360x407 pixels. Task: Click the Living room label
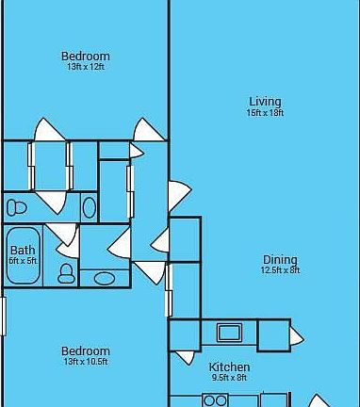tap(265, 102)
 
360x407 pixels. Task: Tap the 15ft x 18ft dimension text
tap(265, 113)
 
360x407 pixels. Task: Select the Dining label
tap(280, 260)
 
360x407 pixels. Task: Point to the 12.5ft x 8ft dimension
tap(280, 270)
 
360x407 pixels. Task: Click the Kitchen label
tap(229, 367)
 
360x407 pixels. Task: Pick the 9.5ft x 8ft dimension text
tap(229, 378)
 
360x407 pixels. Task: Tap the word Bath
tap(22, 250)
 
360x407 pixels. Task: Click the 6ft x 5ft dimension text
tap(23, 261)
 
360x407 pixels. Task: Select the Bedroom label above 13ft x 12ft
tap(86, 56)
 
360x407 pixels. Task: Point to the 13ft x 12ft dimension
tap(86, 67)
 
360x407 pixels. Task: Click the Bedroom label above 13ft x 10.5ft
tap(86, 351)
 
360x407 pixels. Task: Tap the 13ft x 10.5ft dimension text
tap(86, 362)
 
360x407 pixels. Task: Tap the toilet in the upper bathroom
tap(16, 207)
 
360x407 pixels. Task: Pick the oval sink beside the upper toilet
tap(90, 207)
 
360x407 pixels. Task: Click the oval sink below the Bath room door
tap(104, 278)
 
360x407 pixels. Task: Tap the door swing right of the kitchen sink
tap(296, 336)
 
